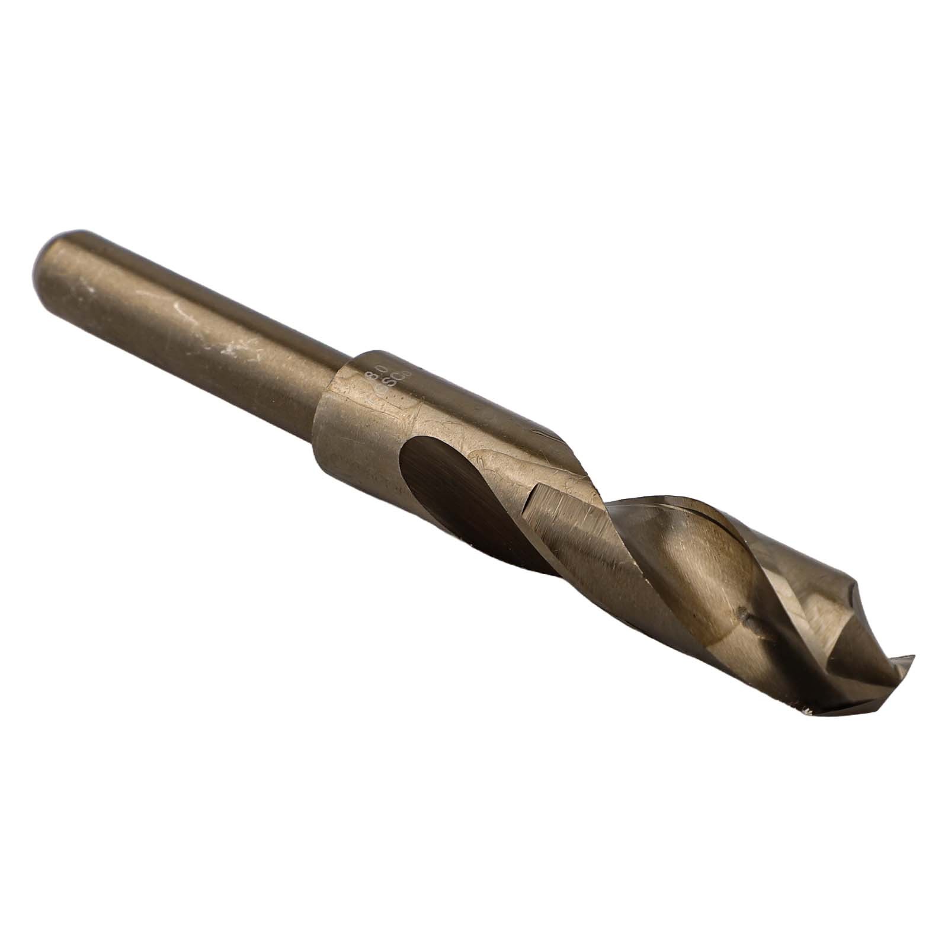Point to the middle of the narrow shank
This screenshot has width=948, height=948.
point(196,332)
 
